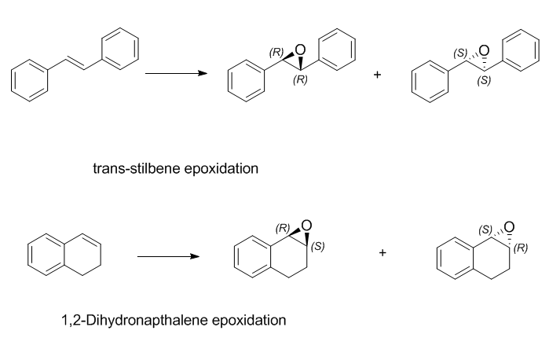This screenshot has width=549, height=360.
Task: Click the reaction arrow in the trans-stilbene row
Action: point(176,73)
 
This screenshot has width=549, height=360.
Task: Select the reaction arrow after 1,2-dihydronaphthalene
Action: point(168,256)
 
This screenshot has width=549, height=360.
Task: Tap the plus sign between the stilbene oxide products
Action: point(377,75)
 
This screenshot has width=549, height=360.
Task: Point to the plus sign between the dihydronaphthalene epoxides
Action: point(382,252)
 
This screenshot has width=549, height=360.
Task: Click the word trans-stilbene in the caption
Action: point(137,169)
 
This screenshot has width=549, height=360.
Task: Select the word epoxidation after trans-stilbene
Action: point(221,169)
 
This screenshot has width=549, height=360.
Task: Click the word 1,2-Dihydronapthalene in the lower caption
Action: point(134,321)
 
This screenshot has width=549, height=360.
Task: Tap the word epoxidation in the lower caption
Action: point(249,321)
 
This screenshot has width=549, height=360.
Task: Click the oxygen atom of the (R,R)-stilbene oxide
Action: point(300,50)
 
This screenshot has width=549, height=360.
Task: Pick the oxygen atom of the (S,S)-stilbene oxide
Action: point(484,51)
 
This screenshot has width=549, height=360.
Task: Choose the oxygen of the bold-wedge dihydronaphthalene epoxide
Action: point(306,226)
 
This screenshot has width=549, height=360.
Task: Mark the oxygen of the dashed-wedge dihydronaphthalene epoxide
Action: point(510,227)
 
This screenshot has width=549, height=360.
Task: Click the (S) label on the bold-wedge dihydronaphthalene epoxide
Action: point(317,247)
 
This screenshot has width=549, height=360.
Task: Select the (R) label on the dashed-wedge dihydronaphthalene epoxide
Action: point(521,248)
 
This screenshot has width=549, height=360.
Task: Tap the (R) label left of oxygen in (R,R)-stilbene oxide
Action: point(276,52)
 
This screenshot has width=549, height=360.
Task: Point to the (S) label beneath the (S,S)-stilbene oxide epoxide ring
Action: point(484,80)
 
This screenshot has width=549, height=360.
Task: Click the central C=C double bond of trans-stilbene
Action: point(75,64)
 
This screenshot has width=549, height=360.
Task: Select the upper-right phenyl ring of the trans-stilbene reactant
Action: point(120,49)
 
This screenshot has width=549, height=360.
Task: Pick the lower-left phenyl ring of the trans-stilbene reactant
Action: point(29,81)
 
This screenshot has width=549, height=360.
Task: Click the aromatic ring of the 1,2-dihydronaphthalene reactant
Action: point(46,255)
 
